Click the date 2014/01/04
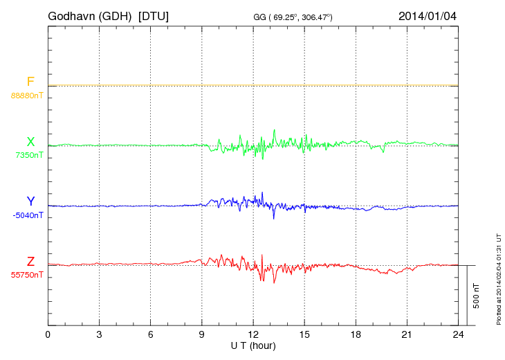428,15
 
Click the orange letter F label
30,82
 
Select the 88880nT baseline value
27,96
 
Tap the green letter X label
30,142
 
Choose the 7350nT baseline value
29,155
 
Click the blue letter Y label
30,201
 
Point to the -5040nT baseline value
28,215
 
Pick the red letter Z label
30,262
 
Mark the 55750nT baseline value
27,275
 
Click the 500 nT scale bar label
477,296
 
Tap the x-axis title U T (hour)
253,345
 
